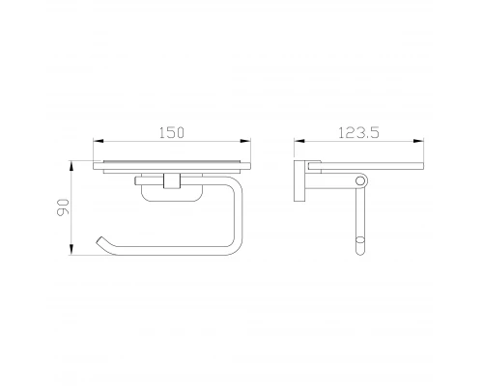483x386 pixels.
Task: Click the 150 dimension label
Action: (172, 132)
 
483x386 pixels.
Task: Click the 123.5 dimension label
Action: (358, 132)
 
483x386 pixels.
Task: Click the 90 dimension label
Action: (63, 207)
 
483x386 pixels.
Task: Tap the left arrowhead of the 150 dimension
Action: (99, 141)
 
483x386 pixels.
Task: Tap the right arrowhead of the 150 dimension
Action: (245, 141)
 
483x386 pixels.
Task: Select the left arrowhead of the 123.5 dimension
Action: (299, 141)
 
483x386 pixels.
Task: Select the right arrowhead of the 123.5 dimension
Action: (418, 141)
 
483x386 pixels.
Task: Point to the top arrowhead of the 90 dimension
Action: (71, 166)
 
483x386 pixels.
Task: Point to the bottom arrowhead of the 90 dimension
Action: (71, 250)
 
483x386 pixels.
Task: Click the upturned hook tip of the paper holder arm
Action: (100, 239)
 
